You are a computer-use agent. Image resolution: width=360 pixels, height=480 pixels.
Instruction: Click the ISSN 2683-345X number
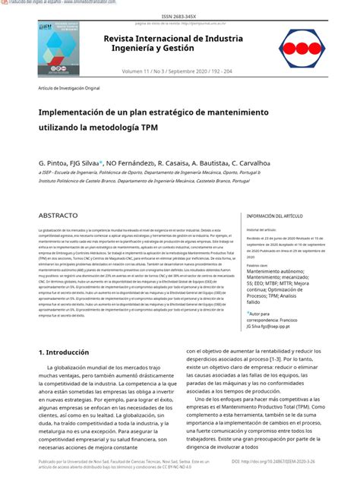coord(179,14)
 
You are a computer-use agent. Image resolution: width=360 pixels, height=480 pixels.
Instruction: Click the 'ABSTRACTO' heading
coord(58,216)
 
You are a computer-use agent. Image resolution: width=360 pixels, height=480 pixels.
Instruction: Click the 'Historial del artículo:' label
coord(262,229)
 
